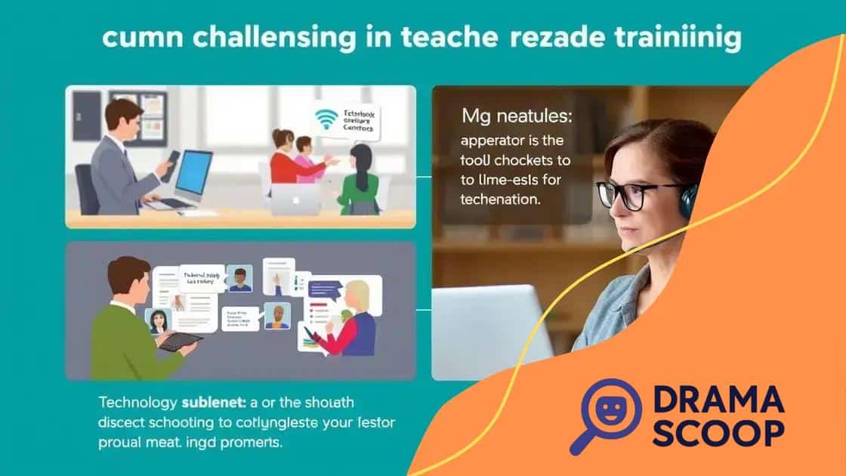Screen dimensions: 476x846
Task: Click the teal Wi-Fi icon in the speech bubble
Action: tap(326, 119)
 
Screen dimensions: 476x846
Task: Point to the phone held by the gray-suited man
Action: tap(172, 161)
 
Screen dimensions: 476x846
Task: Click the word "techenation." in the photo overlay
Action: tap(499, 200)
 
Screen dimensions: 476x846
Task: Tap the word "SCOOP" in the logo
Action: tap(717, 435)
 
